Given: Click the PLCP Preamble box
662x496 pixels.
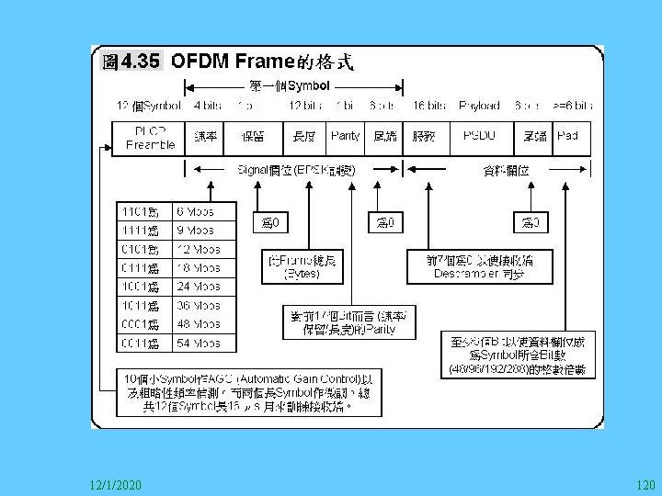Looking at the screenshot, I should pyautogui.click(x=150, y=139).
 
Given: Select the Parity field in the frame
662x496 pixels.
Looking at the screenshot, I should pyautogui.click(x=345, y=137).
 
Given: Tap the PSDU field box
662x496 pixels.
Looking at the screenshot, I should pyautogui.click(x=478, y=137).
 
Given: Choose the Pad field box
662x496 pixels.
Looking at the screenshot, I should pyautogui.click(x=568, y=137).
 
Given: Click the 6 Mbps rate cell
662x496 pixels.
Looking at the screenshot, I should pyautogui.click(x=205, y=211).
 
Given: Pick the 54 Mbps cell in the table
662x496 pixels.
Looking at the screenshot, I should pyautogui.click(x=205, y=343).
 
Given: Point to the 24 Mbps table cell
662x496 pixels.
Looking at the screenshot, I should pyautogui.click(x=205, y=287).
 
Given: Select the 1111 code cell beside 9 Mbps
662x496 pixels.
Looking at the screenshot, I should pyautogui.click(x=142, y=231).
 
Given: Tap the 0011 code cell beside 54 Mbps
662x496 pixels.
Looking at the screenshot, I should pyautogui.click(x=142, y=343).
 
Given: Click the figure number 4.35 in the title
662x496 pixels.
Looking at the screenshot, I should pyautogui.click(x=141, y=62).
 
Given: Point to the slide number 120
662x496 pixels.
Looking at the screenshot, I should pyautogui.click(x=645, y=483).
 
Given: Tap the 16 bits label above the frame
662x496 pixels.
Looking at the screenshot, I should pyautogui.click(x=430, y=107).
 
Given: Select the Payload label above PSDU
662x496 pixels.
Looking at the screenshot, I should pyautogui.click(x=480, y=107).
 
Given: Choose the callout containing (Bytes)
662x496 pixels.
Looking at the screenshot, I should pyautogui.click(x=302, y=266).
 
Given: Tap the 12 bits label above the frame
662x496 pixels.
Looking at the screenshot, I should pyautogui.click(x=304, y=107).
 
